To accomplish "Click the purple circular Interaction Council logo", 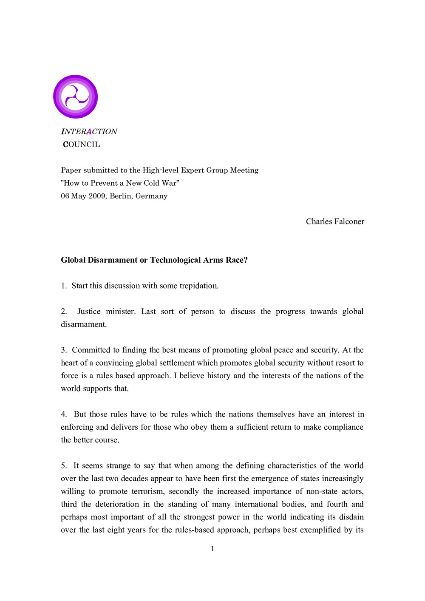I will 76,97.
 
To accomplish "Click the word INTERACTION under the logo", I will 89,132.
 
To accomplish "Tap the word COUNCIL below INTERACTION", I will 82,145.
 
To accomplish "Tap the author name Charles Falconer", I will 335,221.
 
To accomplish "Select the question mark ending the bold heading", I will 246,260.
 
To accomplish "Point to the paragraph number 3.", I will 64,350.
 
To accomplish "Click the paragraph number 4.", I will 64,414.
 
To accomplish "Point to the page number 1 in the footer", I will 212,549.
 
